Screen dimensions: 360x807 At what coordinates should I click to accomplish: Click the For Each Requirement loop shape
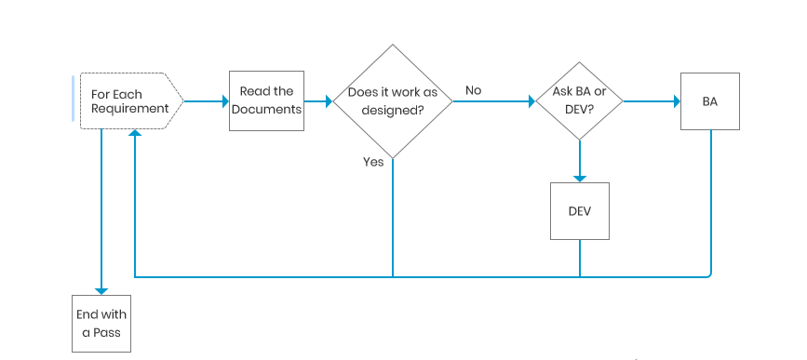point(130,100)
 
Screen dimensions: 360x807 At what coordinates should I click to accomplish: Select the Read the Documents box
point(266,100)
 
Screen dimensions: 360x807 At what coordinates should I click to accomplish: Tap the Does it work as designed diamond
point(392,100)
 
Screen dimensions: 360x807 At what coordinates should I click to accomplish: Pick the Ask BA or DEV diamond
point(579,100)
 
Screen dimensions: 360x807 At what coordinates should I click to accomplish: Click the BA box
point(710,100)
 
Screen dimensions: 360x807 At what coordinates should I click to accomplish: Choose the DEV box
point(579,210)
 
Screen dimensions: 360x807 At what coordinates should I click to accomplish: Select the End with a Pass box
point(101,323)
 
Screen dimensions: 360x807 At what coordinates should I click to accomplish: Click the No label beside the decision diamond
point(474,90)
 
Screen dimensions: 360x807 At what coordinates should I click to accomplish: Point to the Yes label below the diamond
point(373,162)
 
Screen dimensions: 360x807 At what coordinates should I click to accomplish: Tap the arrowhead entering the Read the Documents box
point(224,100)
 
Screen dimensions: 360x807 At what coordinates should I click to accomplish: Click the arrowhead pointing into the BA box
point(676,100)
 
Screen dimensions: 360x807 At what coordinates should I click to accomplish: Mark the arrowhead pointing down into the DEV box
point(579,177)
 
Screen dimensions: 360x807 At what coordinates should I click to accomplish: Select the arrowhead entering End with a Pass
point(101,290)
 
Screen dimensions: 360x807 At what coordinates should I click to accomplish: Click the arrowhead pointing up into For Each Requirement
point(136,134)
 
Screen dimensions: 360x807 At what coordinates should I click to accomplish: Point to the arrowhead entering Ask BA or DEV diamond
point(531,100)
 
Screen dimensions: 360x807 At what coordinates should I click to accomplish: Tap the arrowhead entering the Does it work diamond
point(328,100)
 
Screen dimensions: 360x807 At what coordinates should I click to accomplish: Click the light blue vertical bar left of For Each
point(73,99)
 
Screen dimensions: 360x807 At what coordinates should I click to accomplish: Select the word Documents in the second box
point(266,109)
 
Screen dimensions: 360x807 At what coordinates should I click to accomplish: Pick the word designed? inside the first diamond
point(393,109)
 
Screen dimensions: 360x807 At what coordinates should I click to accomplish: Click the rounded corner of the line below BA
point(708,273)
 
